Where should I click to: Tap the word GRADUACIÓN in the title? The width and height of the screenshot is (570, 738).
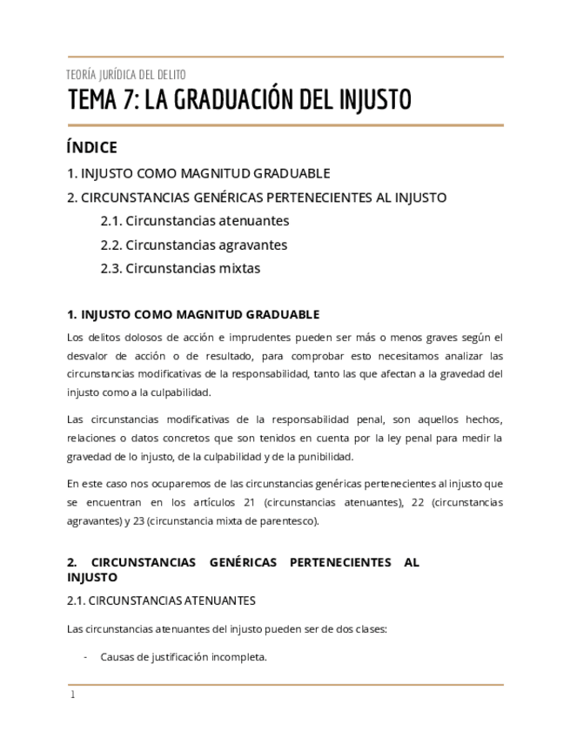(230, 100)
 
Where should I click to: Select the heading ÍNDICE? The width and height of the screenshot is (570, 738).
(91, 147)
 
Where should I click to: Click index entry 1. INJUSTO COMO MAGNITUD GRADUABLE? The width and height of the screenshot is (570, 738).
(198, 173)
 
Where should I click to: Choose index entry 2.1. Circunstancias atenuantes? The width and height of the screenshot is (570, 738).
(194, 221)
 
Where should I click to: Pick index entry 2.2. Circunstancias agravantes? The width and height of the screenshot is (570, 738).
(193, 245)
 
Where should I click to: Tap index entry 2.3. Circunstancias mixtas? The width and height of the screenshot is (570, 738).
(180, 268)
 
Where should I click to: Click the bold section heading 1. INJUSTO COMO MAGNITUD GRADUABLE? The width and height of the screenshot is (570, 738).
(193, 314)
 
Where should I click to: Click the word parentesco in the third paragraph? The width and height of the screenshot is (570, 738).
(291, 521)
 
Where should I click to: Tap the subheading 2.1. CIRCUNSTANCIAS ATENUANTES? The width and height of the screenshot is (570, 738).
(161, 600)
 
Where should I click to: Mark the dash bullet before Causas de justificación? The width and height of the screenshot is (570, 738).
(84, 657)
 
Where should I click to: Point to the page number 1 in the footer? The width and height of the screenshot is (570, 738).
(72, 694)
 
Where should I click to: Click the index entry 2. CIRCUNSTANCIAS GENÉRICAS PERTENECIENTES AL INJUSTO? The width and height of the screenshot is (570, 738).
(257, 198)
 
